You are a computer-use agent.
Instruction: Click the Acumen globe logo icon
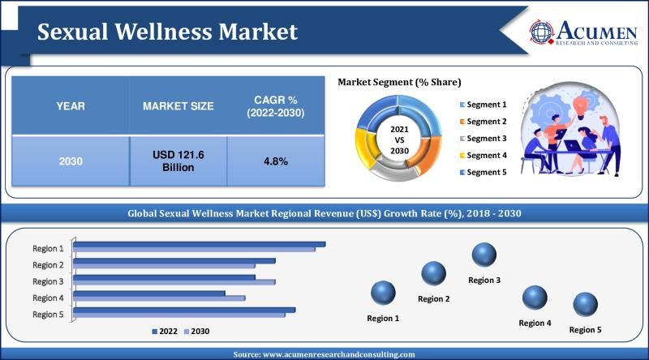pyautogui.click(x=543, y=31)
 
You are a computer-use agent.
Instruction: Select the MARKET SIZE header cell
pyautogui.click(x=178, y=106)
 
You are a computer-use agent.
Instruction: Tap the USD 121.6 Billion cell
pyautogui.click(x=178, y=161)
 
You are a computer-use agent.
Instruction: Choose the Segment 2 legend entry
pyautogui.click(x=485, y=122)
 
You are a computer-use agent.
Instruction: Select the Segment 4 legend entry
pyautogui.click(x=485, y=155)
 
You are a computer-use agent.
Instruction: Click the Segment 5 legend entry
pyautogui.click(x=485, y=172)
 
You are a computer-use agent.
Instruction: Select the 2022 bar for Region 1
pyautogui.click(x=200, y=244)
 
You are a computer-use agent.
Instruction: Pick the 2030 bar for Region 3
pyautogui.click(x=174, y=282)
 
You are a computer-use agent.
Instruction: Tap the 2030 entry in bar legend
pyautogui.click(x=198, y=331)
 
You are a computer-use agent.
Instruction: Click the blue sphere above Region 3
pyautogui.click(x=484, y=255)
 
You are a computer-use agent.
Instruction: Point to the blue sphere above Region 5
pyautogui.click(x=585, y=306)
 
